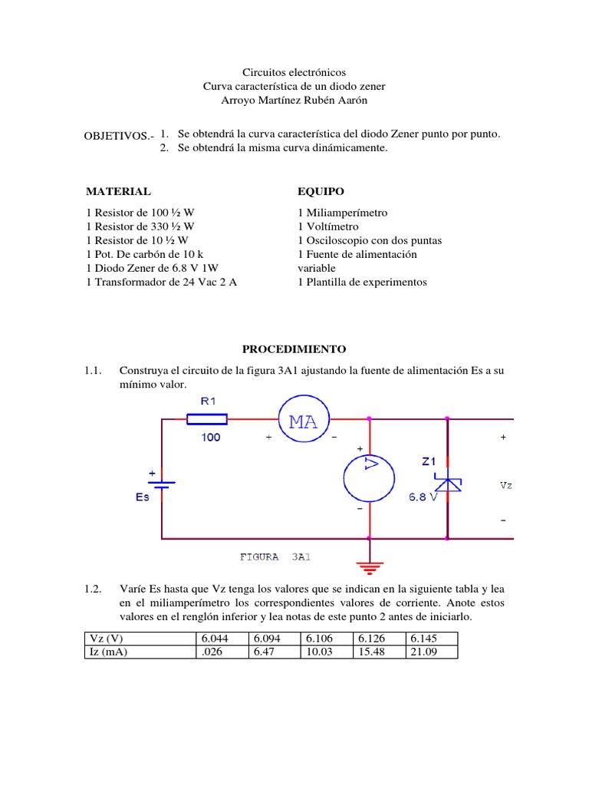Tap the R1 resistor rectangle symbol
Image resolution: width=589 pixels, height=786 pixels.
[x=207, y=418]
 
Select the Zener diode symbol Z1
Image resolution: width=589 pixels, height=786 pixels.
[x=447, y=482]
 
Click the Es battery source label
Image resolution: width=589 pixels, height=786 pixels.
[x=143, y=497]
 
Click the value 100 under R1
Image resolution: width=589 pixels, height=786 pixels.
[x=210, y=437]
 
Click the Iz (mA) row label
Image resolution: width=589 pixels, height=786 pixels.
[x=108, y=652]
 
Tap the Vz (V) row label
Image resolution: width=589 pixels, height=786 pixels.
[x=106, y=639]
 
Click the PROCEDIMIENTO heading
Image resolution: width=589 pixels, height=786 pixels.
[x=294, y=349]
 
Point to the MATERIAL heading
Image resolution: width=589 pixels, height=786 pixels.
[x=118, y=191]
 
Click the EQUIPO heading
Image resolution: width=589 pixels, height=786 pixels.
[x=321, y=191]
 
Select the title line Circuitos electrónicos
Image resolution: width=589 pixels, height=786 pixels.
[x=294, y=71]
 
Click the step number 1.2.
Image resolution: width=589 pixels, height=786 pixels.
[x=94, y=589]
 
